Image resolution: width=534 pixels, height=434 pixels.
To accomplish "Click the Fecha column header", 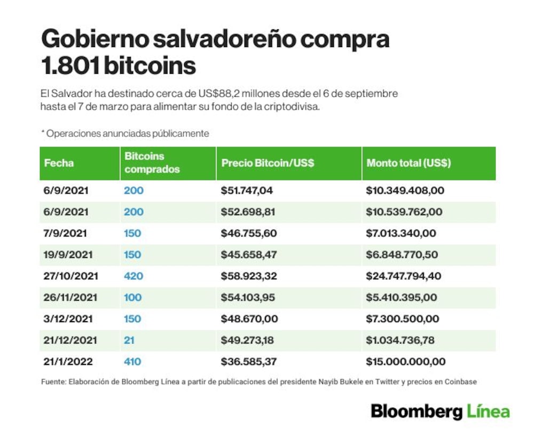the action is [x=59, y=163].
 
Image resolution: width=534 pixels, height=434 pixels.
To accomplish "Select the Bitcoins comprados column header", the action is [x=152, y=162].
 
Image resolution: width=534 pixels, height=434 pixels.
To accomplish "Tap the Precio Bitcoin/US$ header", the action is [x=268, y=163].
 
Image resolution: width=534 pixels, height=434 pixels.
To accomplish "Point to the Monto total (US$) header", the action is [x=409, y=163].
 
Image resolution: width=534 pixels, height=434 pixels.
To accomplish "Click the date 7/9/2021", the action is [x=65, y=233].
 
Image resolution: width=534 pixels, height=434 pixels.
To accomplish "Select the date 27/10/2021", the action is [x=71, y=276].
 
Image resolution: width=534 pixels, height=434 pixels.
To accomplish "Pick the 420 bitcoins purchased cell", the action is [x=133, y=276].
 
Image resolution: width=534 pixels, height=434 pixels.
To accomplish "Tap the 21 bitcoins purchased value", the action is [x=129, y=340].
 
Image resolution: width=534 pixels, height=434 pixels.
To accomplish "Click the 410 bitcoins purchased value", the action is [x=132, y=361].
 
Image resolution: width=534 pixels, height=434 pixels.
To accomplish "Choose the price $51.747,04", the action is [x=247, y=190].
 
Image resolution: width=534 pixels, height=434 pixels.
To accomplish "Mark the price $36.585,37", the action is [x=249, y=361].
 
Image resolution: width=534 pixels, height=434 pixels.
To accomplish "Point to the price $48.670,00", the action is [x=249, y=319].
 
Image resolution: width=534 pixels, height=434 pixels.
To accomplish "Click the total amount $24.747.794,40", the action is [x=404, y=276].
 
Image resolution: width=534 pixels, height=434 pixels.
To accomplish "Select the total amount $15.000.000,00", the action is [x=406, y=361].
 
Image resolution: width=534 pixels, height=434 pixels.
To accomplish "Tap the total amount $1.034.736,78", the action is [x=400, y=340].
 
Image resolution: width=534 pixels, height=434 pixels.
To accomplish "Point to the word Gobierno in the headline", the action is [x=95, y=38].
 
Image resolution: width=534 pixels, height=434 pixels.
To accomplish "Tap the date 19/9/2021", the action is [x=68, y=254].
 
